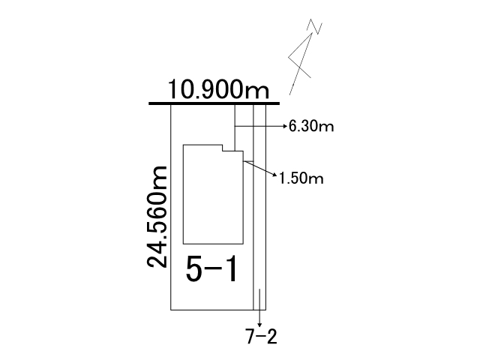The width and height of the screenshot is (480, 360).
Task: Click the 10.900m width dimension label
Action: click(x=218, y=89)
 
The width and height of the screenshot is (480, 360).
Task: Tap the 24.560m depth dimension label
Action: click(x=157, y=217)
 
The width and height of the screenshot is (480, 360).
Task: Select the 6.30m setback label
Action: click(x=311, y=126)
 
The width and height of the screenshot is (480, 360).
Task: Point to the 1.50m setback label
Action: click(x=301, y=178)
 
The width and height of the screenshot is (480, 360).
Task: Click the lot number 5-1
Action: click(x=211, y=269)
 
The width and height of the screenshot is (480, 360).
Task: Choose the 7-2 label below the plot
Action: click(x=261, y=337)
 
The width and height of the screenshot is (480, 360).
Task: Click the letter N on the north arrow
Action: click(x=315, y=26)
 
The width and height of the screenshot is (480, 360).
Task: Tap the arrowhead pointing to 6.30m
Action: click(x=285, y=126)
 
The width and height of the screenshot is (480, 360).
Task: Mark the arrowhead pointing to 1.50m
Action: click(x=274, y=175)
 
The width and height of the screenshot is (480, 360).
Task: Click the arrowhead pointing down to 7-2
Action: click(x=259, y=325)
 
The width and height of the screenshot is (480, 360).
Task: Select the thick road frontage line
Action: click(x=214, y=103)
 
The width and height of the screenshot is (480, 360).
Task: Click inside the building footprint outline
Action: click(x=213, y=196)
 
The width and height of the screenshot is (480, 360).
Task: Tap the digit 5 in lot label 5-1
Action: click(x=194, y=269)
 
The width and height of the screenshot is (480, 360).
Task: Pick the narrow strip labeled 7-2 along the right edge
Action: click(x=259, y=207)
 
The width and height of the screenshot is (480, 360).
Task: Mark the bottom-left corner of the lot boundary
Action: click(x=171, y=310)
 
